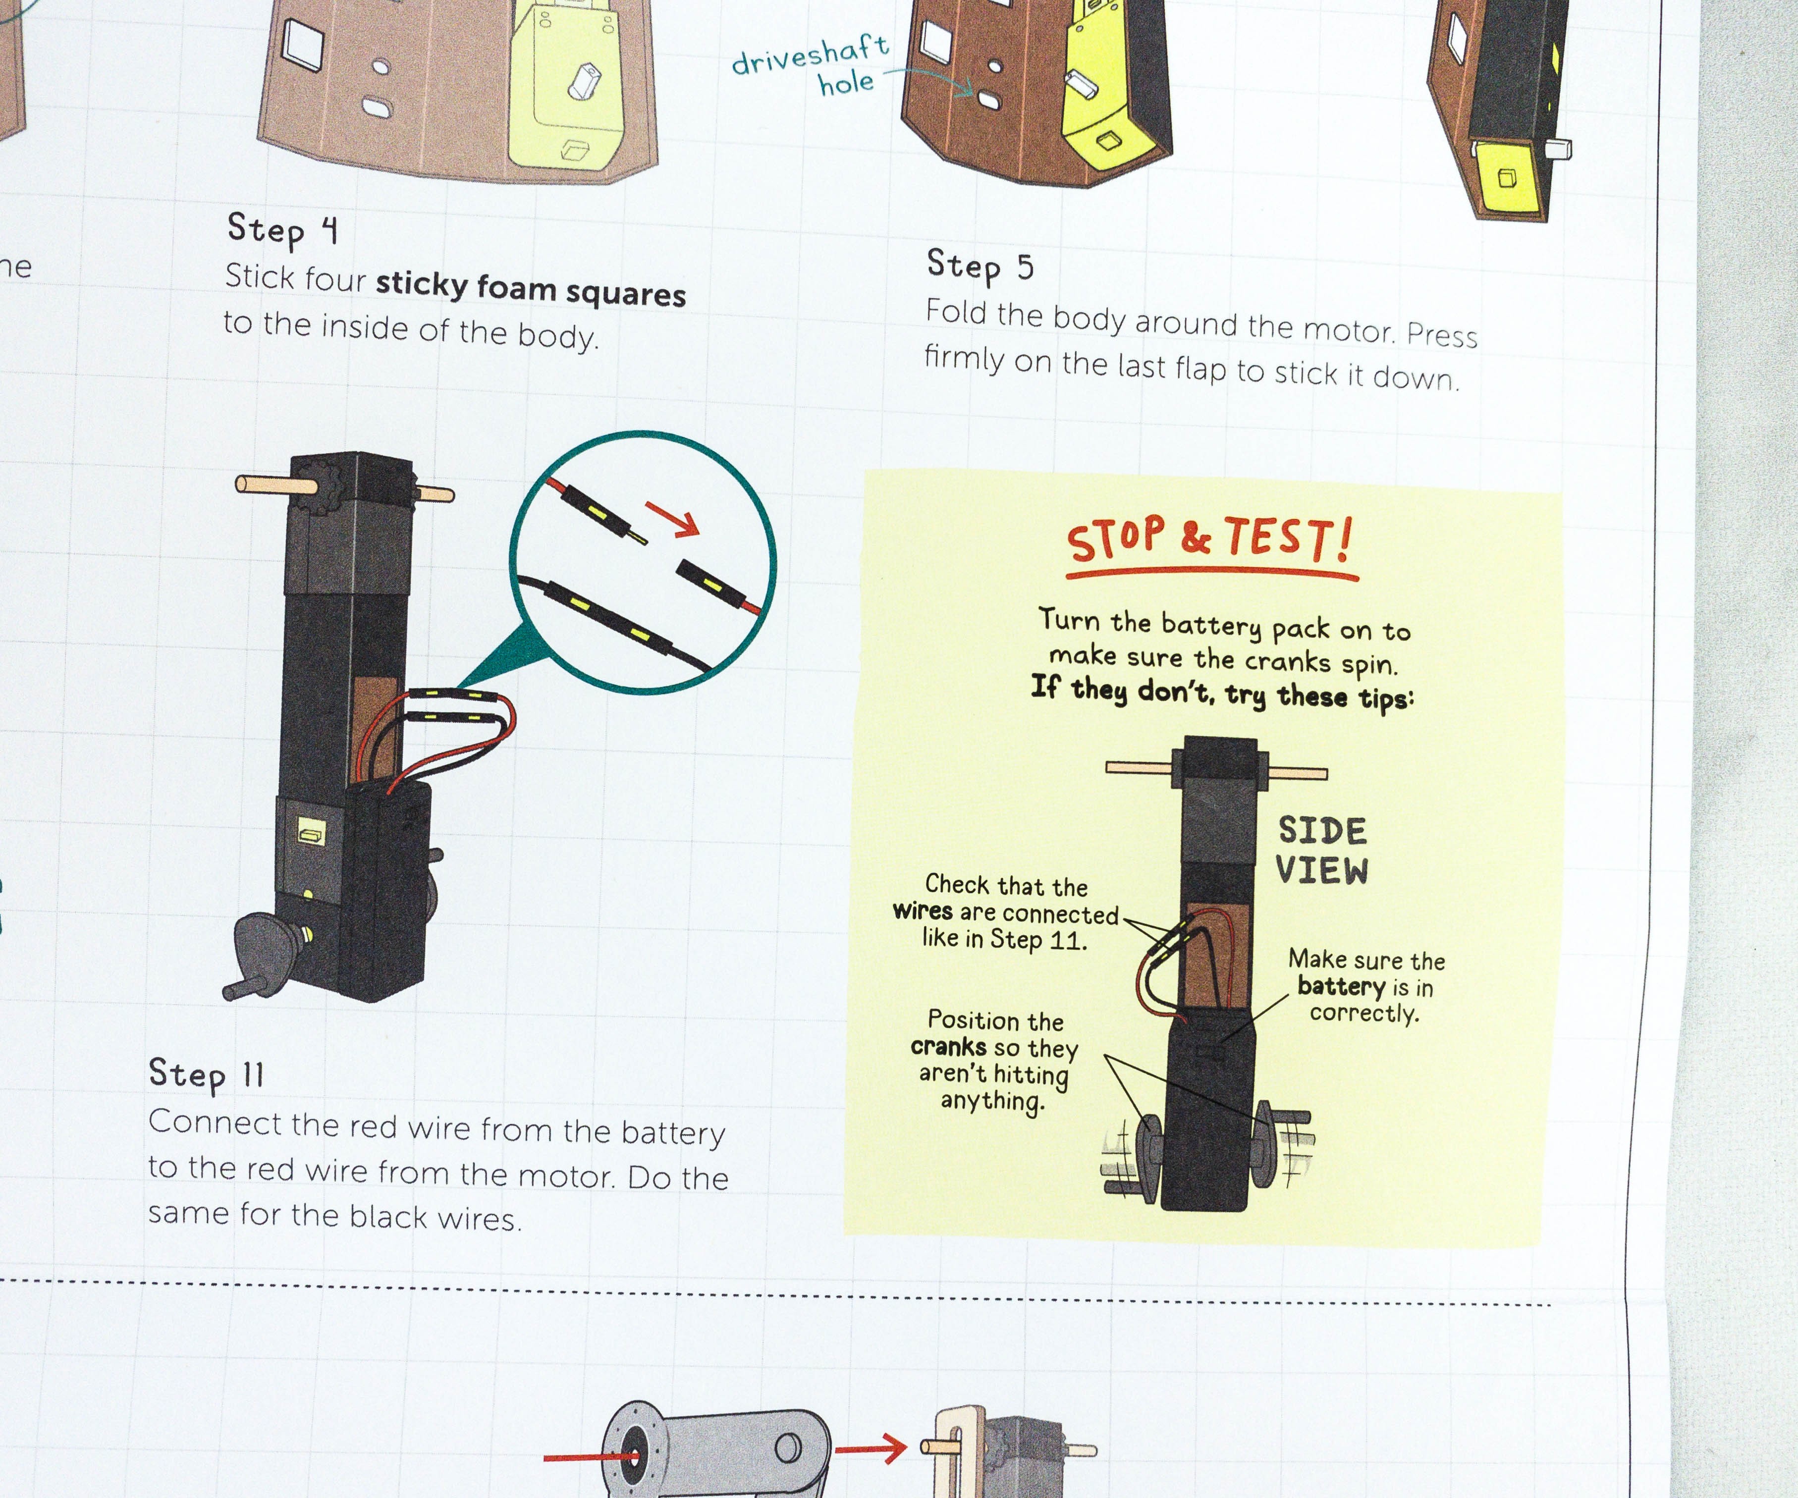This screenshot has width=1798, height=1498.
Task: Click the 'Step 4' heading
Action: (282, 229)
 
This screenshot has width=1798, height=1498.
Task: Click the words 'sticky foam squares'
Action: (531, 288)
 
